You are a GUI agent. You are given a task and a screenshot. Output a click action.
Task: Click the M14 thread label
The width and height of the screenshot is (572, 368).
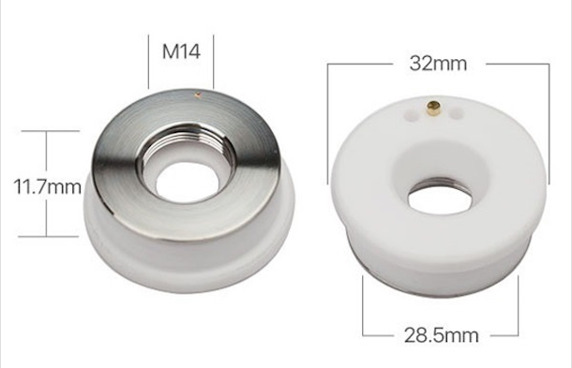click(181, 52)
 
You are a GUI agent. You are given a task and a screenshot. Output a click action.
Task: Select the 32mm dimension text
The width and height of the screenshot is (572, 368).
click(438, 64)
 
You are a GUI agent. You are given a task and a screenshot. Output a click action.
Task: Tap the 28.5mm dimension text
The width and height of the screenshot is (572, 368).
click(442, 335)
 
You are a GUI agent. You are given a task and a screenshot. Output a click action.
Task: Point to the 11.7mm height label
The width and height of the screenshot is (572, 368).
click(48, 186)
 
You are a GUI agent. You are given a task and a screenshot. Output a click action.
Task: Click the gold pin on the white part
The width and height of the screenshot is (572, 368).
click(434, 108)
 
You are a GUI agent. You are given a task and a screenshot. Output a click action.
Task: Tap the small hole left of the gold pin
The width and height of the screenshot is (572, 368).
click(411, 115)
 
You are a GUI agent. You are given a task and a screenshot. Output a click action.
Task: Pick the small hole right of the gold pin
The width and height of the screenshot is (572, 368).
click(457, 113)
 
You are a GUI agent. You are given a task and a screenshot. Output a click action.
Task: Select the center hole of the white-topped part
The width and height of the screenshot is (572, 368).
click(440, 199)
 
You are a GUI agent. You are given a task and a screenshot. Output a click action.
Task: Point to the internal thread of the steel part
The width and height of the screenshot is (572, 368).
click(186, 143)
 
